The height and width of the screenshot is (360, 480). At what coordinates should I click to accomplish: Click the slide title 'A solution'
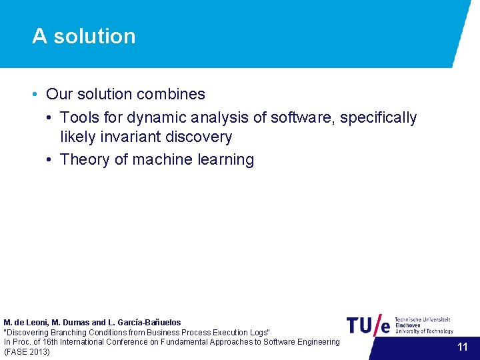pos(83,36)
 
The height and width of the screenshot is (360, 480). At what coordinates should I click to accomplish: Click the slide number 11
pos(463,347)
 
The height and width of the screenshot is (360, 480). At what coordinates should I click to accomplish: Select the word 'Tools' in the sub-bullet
pos(79,118)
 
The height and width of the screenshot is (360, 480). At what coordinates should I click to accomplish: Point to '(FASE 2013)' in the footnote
pos(27,351)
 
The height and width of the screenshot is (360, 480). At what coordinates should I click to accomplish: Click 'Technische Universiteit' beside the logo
pos(423,320)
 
